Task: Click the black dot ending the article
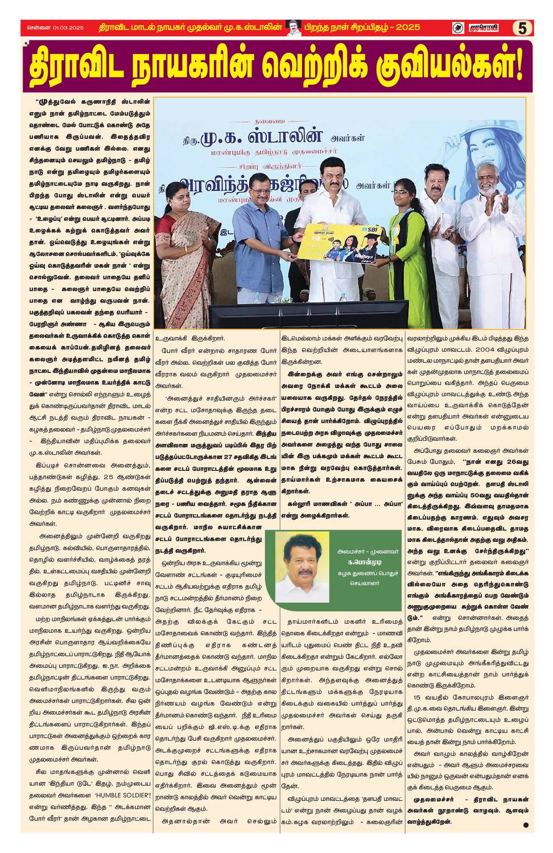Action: click(x=526, y=825)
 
